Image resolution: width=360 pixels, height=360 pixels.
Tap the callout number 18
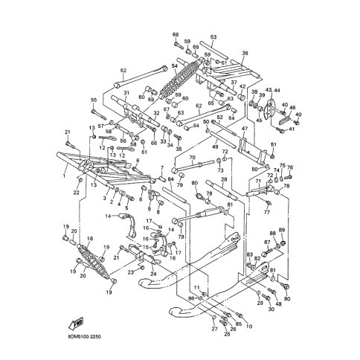[x=90, y=239]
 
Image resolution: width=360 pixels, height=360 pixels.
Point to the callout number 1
[x=65, y=178]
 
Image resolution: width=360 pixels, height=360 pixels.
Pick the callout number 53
[x=213, y=37]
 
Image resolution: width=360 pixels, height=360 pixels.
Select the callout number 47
[x=243, y=129]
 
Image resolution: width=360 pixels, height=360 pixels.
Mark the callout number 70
[x=192, y=158]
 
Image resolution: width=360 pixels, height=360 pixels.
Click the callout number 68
[x=176, y=35]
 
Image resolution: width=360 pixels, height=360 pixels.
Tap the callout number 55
[x=94, y=100]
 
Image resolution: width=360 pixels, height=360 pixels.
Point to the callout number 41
[x=292, y=129]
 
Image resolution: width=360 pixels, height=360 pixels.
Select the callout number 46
[x=292, y=108]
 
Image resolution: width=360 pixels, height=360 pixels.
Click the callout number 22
[x=76, y=193]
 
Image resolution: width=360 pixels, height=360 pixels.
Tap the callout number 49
[x=216, y=147]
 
